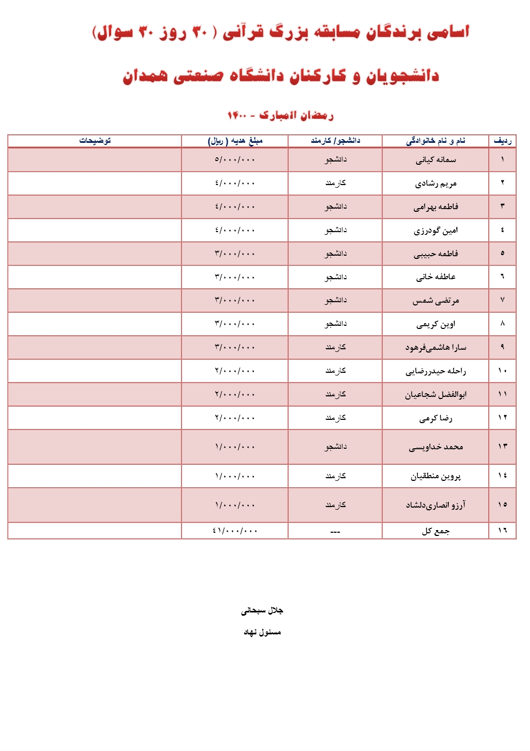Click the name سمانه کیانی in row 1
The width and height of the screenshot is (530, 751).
436,160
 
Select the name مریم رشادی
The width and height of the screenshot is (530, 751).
436,183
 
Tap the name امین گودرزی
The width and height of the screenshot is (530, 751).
436,231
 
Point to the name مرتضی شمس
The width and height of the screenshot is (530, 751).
436,301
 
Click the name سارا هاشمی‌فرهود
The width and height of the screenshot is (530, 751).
436,348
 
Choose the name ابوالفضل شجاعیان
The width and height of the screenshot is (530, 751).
436,395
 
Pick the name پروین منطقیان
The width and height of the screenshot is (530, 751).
436,476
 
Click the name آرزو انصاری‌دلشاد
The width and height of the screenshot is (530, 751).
436,505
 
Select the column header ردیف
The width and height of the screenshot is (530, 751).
502,141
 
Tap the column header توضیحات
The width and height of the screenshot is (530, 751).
95,141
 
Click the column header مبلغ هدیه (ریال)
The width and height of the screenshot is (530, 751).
235,141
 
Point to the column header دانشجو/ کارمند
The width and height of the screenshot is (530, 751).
336,141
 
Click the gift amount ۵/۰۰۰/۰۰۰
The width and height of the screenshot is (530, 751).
235,160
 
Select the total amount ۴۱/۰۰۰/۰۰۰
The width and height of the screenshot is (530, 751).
235,531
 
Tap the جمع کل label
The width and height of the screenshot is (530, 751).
436,531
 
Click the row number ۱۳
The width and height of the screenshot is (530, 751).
502,447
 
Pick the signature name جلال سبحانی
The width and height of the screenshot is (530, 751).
262,610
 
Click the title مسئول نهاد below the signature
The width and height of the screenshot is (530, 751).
262,632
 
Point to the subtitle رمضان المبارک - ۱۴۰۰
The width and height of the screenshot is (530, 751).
280,115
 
